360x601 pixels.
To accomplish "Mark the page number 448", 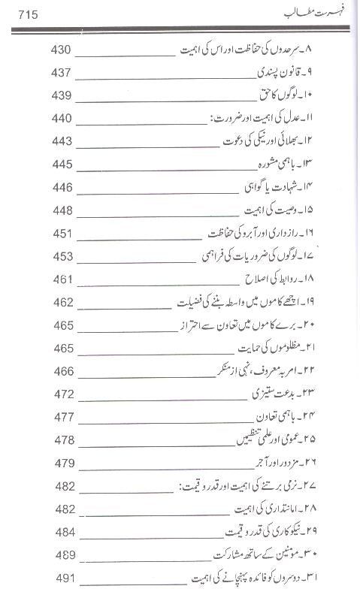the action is [x=63, y=210].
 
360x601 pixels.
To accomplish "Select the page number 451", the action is [x=63, y=234].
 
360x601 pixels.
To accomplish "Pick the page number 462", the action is [x=63, y=303].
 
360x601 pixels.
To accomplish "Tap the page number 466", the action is [x=63, y=371].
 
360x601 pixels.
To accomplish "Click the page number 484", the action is [x=63, y=533].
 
